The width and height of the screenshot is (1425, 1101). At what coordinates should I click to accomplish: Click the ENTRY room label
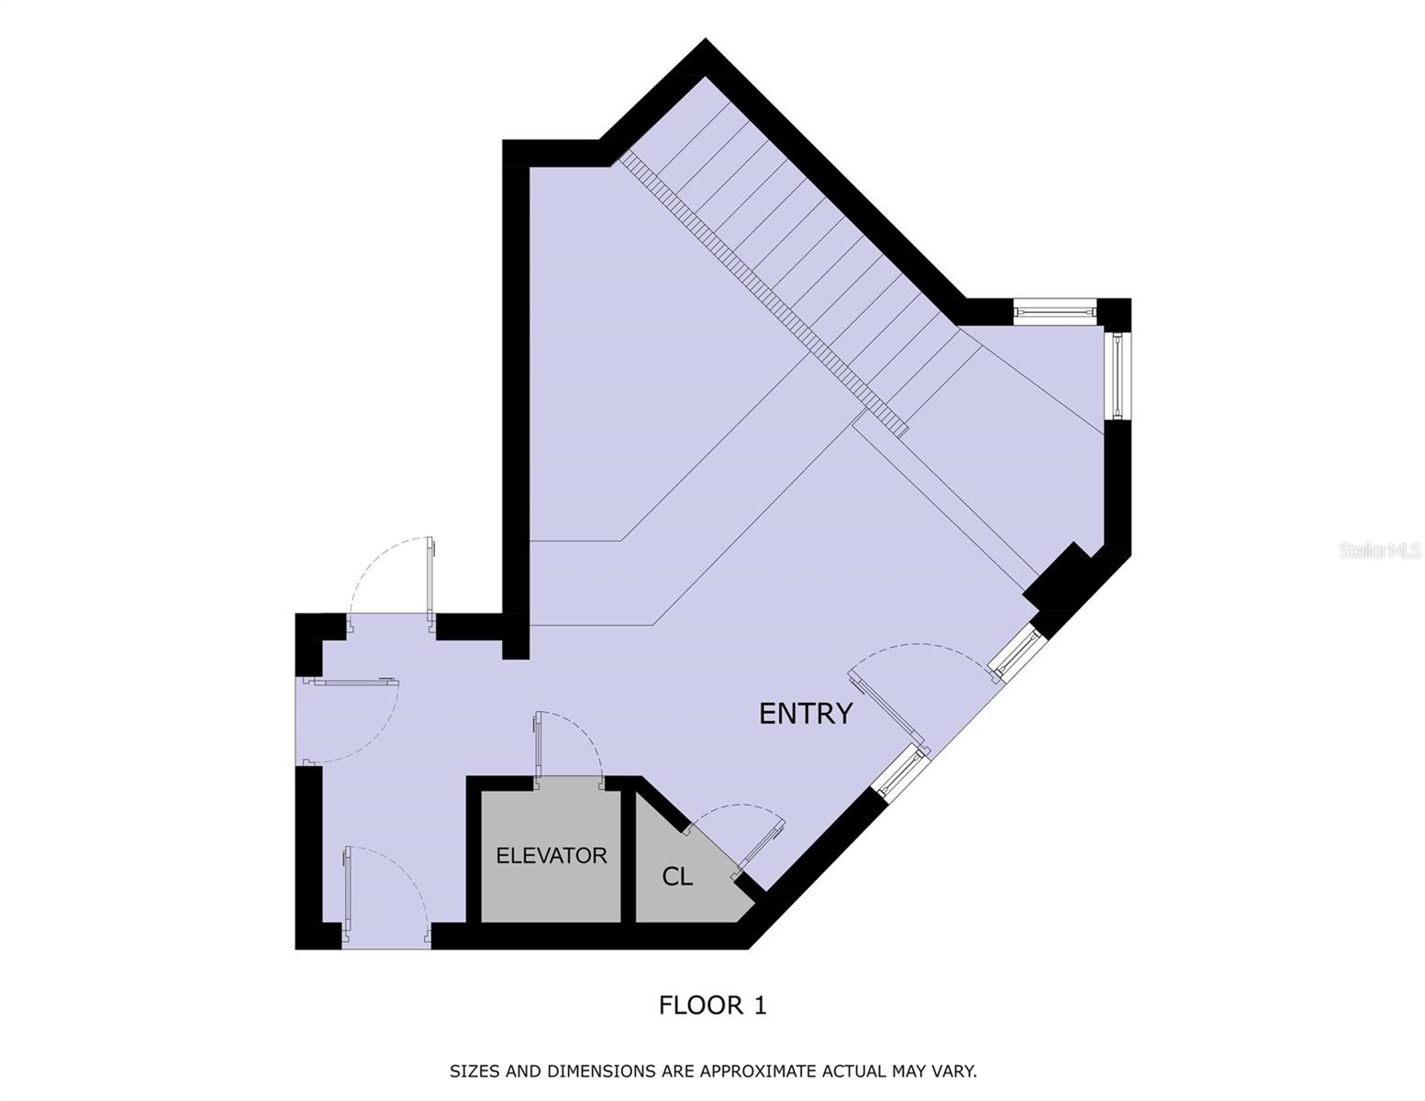[x=806, y=714]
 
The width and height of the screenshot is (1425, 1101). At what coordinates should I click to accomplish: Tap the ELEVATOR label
[x=551, y=856]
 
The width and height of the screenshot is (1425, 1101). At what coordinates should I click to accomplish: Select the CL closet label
[x=677, y=877]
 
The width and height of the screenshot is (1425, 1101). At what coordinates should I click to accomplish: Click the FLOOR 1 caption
[x=712, y=1006]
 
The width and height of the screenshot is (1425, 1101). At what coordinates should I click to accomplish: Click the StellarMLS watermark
[x=1379, y=550]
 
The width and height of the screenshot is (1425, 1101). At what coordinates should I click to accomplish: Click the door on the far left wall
[x=353, y=682]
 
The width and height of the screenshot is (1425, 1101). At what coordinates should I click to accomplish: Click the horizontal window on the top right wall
[x=1055, y=313]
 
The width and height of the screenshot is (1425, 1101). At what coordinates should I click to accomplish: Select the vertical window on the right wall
[x=1118, y=374]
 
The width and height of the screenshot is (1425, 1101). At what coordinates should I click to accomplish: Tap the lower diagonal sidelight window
[x=898, y=770]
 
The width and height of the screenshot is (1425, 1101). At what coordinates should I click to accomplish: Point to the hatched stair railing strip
[x=762, y=294]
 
